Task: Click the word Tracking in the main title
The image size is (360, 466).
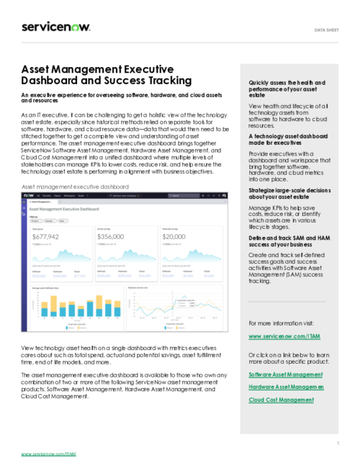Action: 161,81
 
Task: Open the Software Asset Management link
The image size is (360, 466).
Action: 284,375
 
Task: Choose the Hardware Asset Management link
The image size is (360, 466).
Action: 286,387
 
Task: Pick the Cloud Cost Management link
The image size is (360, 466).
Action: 281,400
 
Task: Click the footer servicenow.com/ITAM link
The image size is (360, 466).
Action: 48,454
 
